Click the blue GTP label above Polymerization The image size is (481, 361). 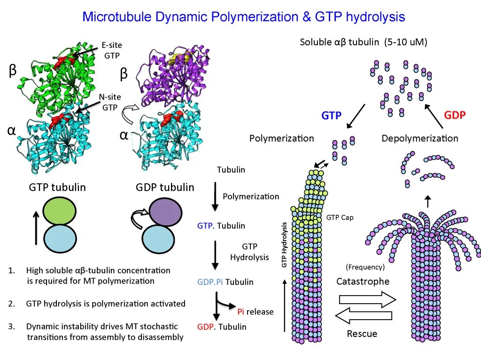tap(331, 116)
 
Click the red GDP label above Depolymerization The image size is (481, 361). tap(454, 115)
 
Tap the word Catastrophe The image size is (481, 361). tap(363, 282)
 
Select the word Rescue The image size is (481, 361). tap(362, 334)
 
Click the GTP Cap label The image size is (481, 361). tap(340, 218)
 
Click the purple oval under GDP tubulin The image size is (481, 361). tap(165, 212)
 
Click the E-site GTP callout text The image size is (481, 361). tap(111, 51)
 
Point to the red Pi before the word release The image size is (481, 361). tap(240, 312)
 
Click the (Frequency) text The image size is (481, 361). tap(365, 267)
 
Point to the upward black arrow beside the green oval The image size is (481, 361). tap(36, 227)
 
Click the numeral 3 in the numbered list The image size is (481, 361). tap(10, 326)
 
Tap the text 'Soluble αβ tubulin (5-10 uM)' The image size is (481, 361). tap(363, 42)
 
